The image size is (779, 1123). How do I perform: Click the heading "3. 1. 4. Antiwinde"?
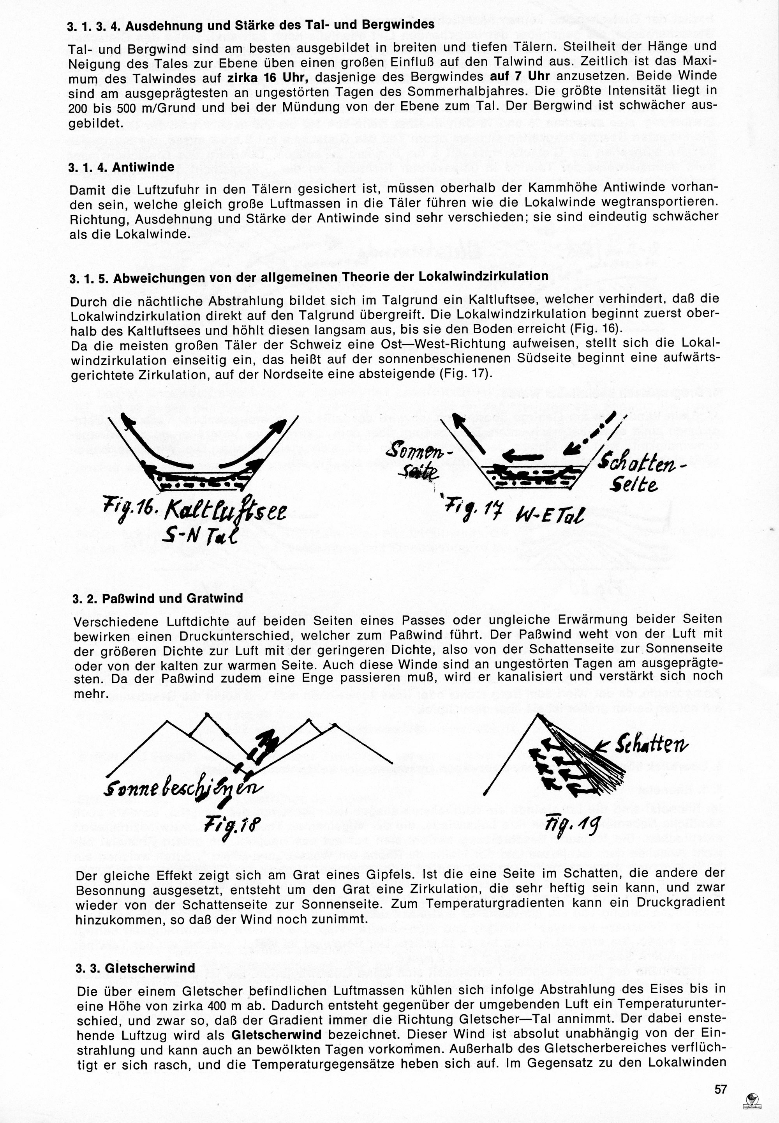point(122,167)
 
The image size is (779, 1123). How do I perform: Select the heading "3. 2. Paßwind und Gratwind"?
point(158,598)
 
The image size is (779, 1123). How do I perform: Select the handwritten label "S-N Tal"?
point(201,536)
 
